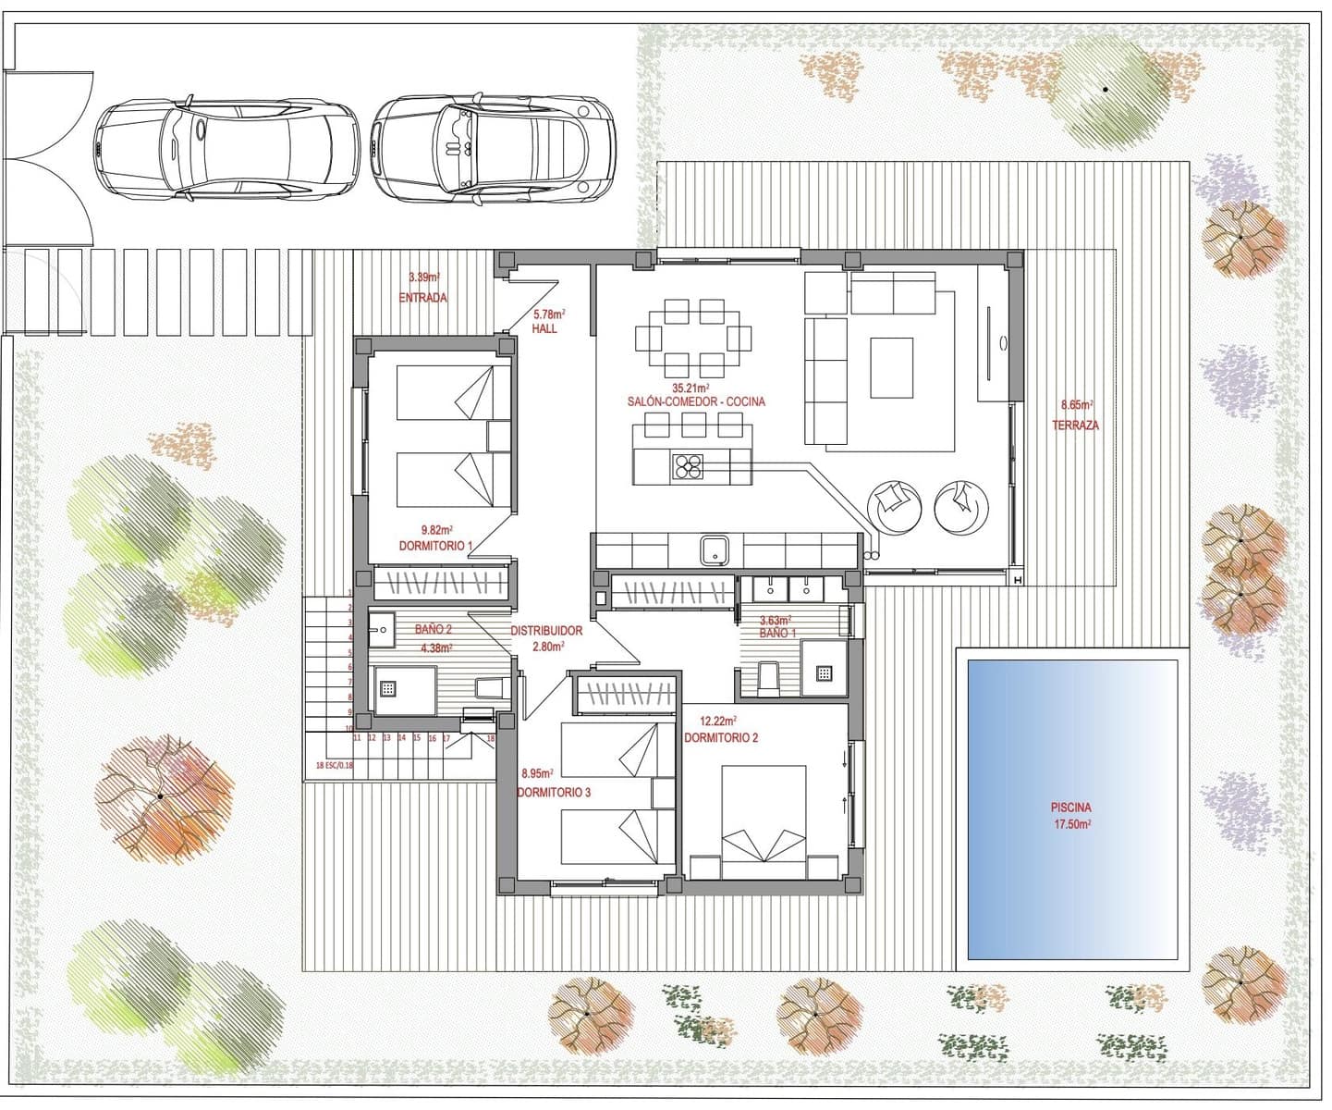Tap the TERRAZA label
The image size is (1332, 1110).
coord(1075,425)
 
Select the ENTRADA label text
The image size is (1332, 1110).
coord(423,298)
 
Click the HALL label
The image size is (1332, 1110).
coord(544,328)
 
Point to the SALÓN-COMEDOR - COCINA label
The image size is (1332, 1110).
coord(696,402)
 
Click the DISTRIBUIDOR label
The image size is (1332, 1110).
coord(546,631)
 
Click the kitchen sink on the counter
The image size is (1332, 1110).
coord(714,550)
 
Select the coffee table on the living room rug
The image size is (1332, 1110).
coord(891,367)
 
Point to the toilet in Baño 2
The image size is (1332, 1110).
coord(488,687)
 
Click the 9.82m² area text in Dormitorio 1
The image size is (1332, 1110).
coord(436,530)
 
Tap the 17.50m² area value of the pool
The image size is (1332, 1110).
coord(1070,823)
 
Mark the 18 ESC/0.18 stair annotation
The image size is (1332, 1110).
coord(334,765)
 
